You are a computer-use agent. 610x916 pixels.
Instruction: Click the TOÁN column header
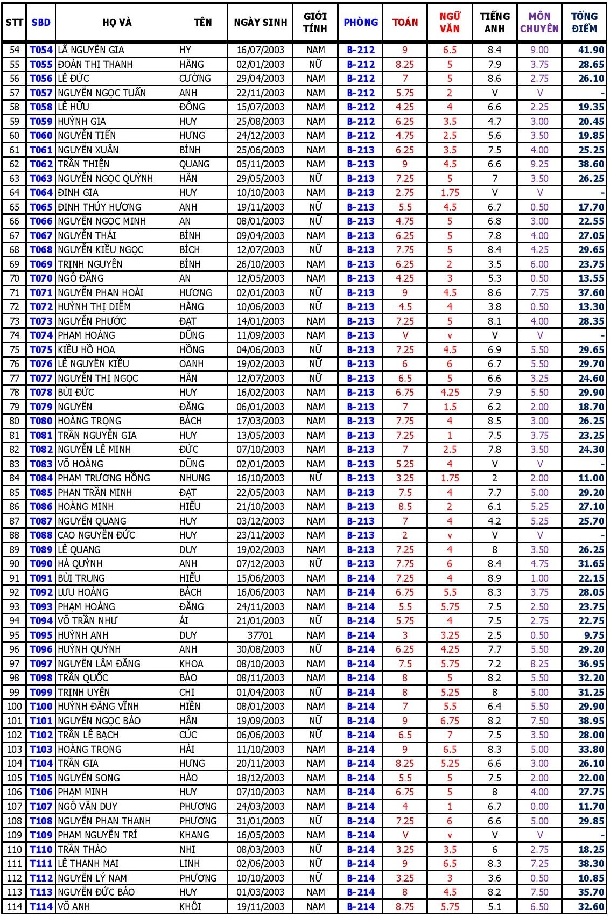coord(405,22)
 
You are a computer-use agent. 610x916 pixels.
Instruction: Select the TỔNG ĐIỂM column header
coord(584,22)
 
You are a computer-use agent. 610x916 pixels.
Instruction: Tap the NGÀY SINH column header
coord(261,22)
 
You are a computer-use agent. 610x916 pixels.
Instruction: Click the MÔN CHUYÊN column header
coord(539,22)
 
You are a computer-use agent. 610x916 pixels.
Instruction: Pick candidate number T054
coord(41,50)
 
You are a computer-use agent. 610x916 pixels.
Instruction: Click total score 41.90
coord(591,50)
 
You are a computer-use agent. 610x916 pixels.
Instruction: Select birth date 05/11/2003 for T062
coord(261,164)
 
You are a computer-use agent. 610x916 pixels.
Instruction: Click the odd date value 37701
coord(261,635)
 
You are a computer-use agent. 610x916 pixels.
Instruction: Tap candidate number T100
coord(41,707)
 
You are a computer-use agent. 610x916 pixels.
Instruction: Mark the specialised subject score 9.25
coord(539,164)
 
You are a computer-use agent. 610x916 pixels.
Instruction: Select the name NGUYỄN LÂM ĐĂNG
coord(99,664)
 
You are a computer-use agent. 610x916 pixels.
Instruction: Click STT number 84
coord(15,478)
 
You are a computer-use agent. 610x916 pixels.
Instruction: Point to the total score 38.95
coord(591,721)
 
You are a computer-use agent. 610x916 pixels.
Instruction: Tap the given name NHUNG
coord(195,478)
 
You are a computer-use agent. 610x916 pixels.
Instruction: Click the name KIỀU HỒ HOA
coord(86,350)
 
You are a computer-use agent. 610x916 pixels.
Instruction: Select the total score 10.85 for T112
coord(591,878)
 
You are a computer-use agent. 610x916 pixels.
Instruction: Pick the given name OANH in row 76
coord(191,364)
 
